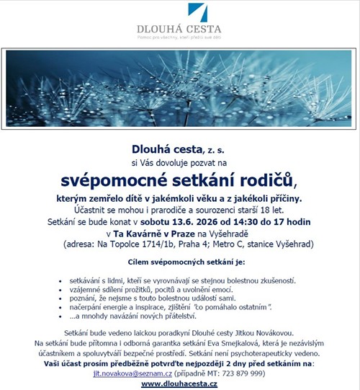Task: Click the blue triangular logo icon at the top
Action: pos(199,13)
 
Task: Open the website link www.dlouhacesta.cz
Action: pos(179,385)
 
